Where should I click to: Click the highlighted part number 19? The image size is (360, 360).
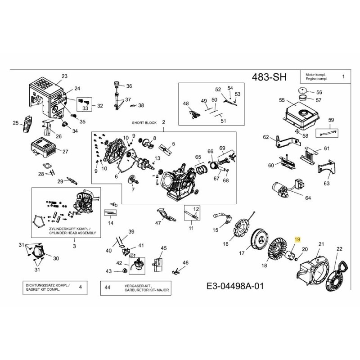tap(297, 241)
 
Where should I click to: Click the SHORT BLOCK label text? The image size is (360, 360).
tap(143, 122)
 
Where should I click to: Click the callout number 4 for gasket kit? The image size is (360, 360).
tap(80, 286)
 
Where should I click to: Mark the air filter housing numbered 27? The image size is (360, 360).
tap(44, 147)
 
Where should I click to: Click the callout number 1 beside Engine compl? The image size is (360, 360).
tap(343, 77)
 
